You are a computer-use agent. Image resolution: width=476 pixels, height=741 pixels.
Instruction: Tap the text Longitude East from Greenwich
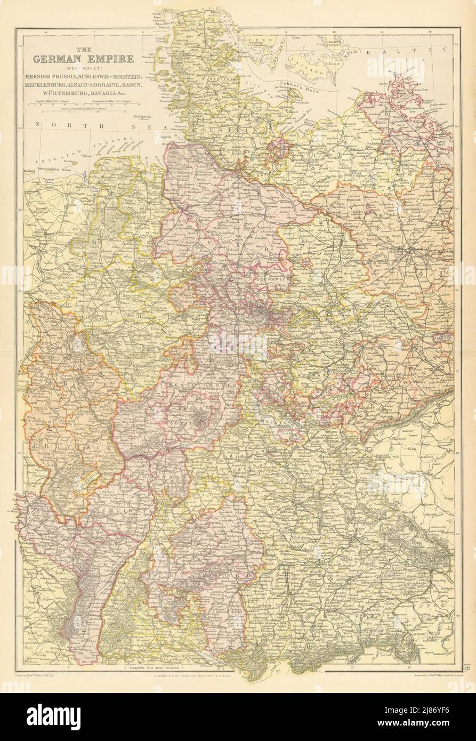pos(174,668)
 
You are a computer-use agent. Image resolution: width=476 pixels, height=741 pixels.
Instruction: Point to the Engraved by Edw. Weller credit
pos(432,675)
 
